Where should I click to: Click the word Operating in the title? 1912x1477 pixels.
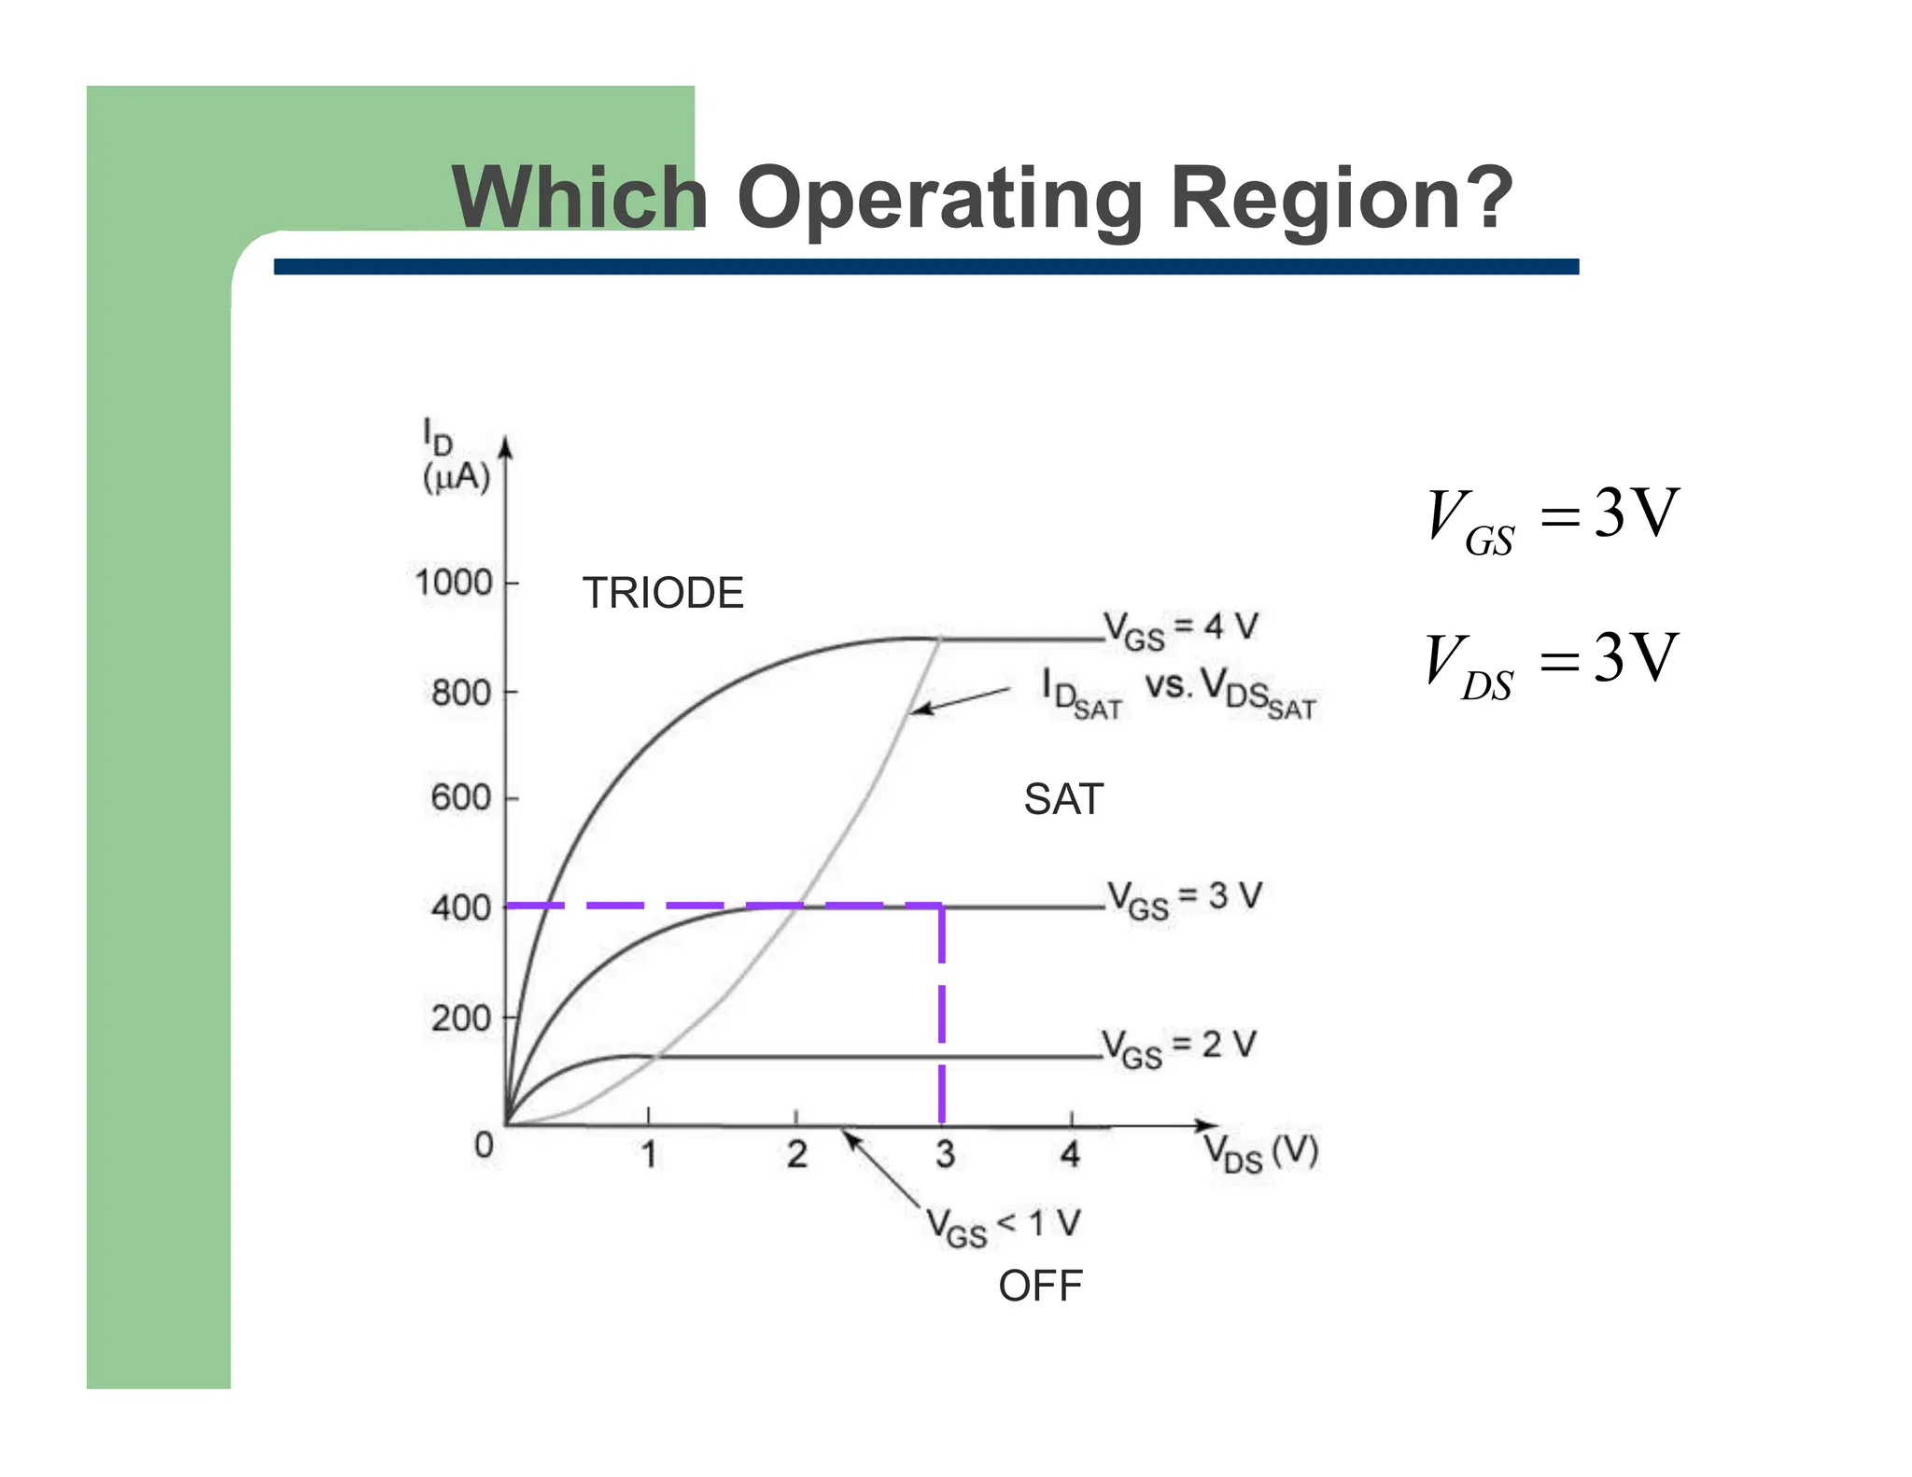tap(939, 198)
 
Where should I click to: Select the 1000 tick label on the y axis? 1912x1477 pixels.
tap(454, 583)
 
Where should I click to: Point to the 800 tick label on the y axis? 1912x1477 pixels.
tap(461, 693)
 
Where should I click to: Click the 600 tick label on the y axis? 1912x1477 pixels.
tap(461, 798)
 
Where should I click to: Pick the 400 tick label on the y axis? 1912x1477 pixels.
tap(461, 907)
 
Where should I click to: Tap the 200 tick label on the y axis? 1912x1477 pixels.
tap(461, 1018)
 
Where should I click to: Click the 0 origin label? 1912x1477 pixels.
tap(484, 1145)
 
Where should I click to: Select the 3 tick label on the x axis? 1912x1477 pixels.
tap(945, 1155)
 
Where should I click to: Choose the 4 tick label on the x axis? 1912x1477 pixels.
tap(1070, 1155)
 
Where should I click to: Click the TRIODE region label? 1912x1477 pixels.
tap(663, 593)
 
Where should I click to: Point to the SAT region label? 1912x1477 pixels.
tap(1063, 799)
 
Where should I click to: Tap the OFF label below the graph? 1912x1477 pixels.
tap(1040, 1287)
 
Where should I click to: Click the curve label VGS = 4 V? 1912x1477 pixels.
tap(1181, 629)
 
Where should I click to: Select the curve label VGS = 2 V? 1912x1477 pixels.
tap(1179, 1048)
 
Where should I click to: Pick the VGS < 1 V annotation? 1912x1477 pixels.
tap(1004, 1227)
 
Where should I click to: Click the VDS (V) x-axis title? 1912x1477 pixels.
tap(1260, 1152)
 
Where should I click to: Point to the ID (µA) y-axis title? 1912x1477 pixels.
tap(455, 457)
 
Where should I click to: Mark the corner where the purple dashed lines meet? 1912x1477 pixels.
tap(941, 906)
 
